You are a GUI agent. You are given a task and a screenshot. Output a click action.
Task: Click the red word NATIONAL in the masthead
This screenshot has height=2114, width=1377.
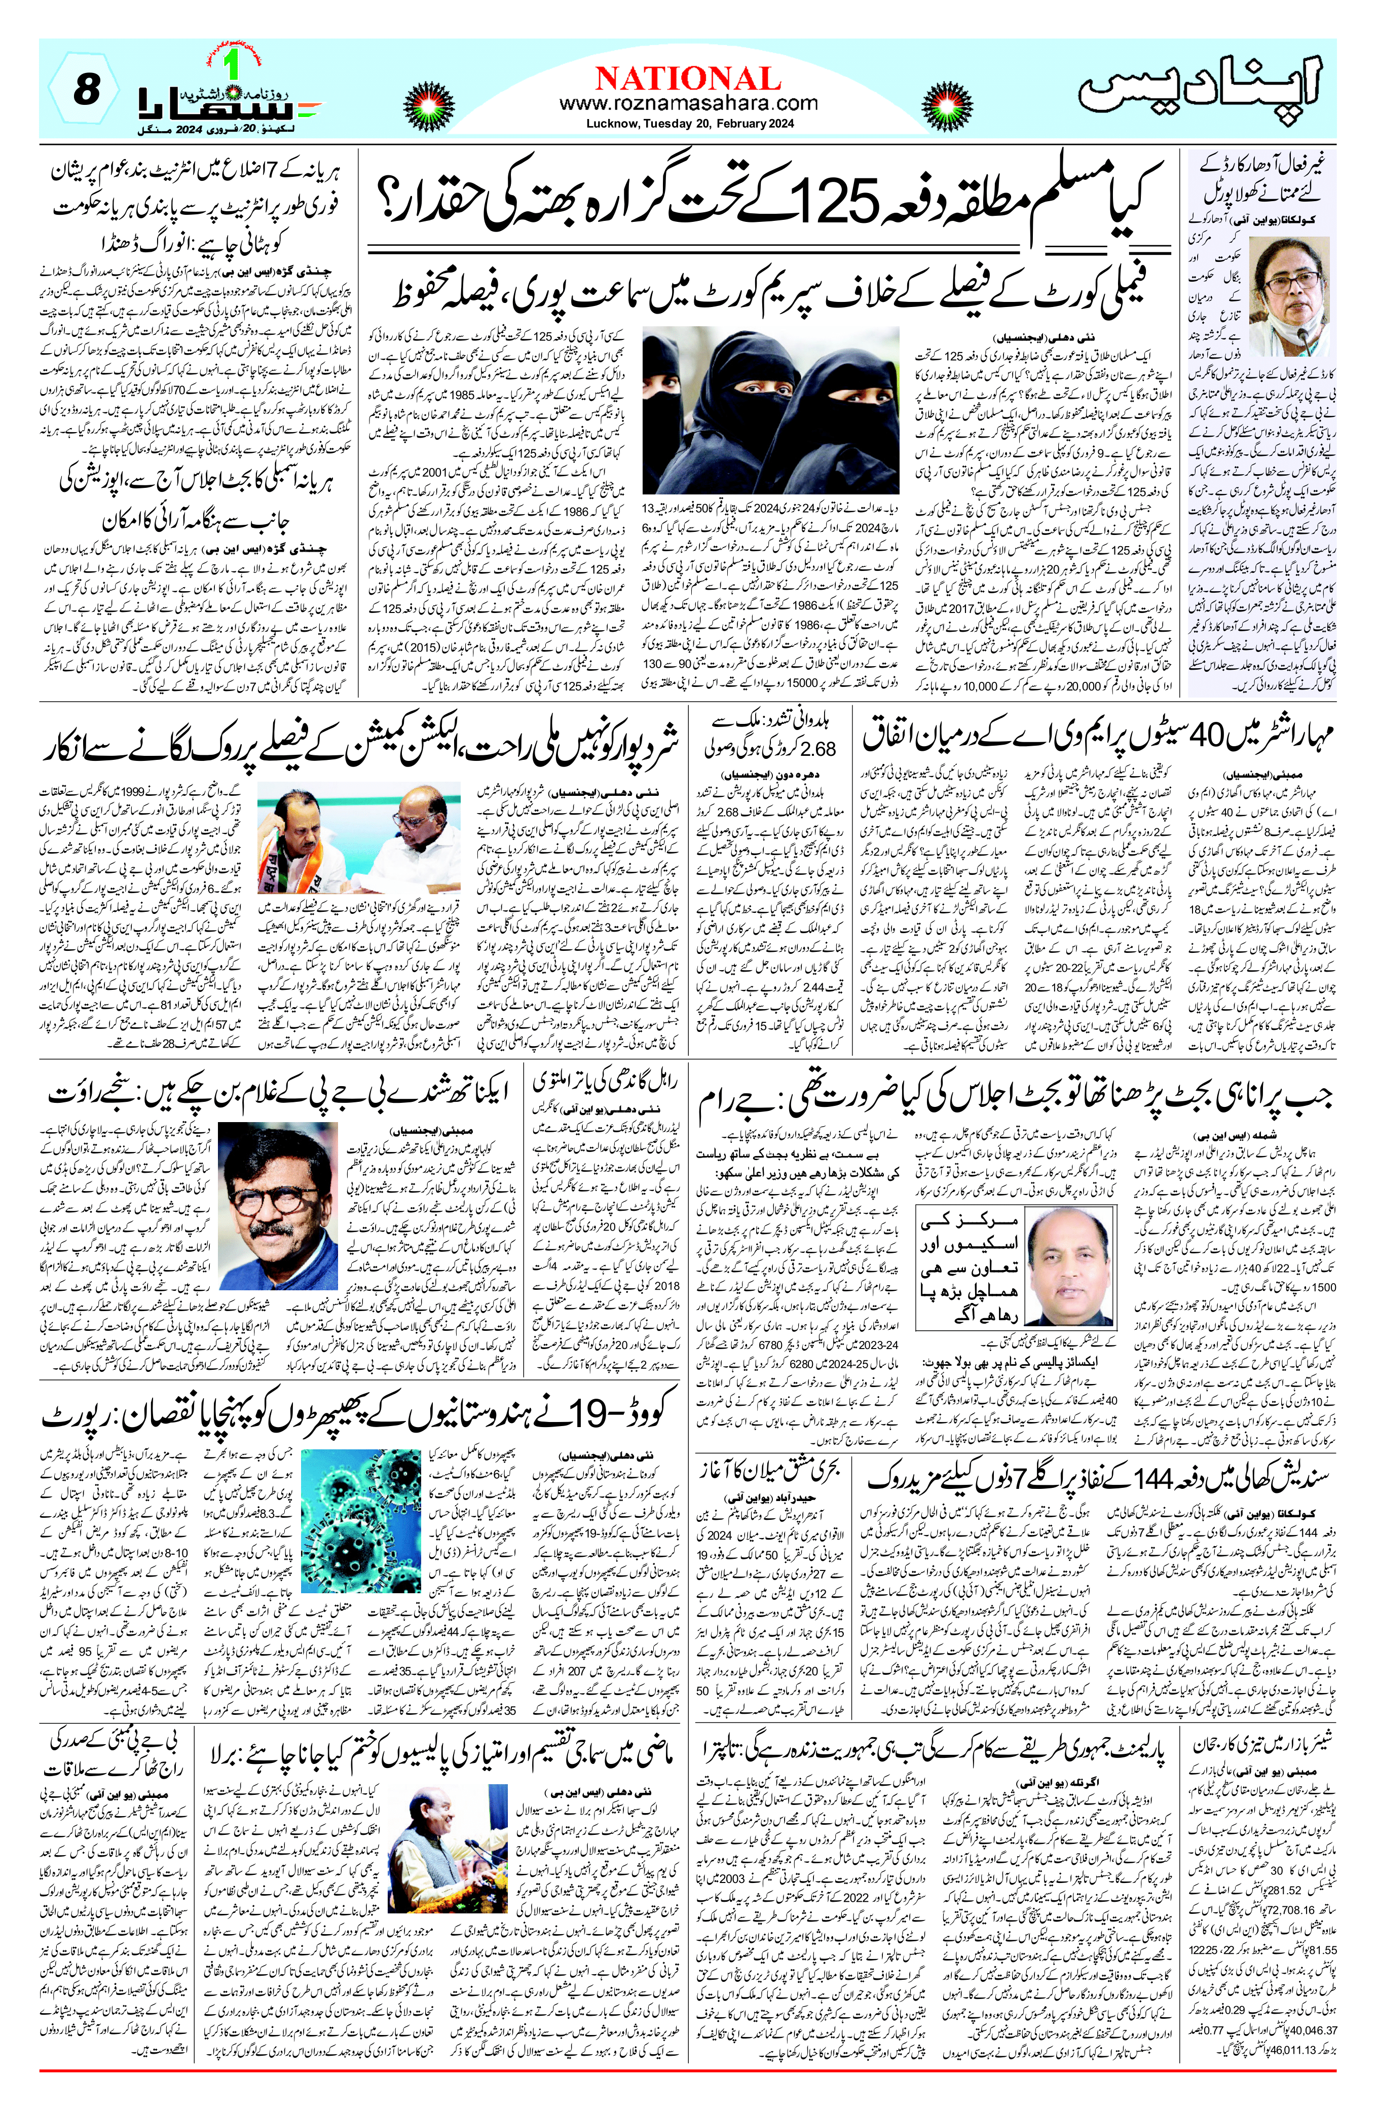pos(688,78)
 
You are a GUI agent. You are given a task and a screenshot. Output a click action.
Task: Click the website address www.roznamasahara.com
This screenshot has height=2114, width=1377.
pos(688,104)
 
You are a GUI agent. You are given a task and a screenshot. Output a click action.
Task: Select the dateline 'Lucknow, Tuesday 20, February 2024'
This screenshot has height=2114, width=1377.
pos(688,124)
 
